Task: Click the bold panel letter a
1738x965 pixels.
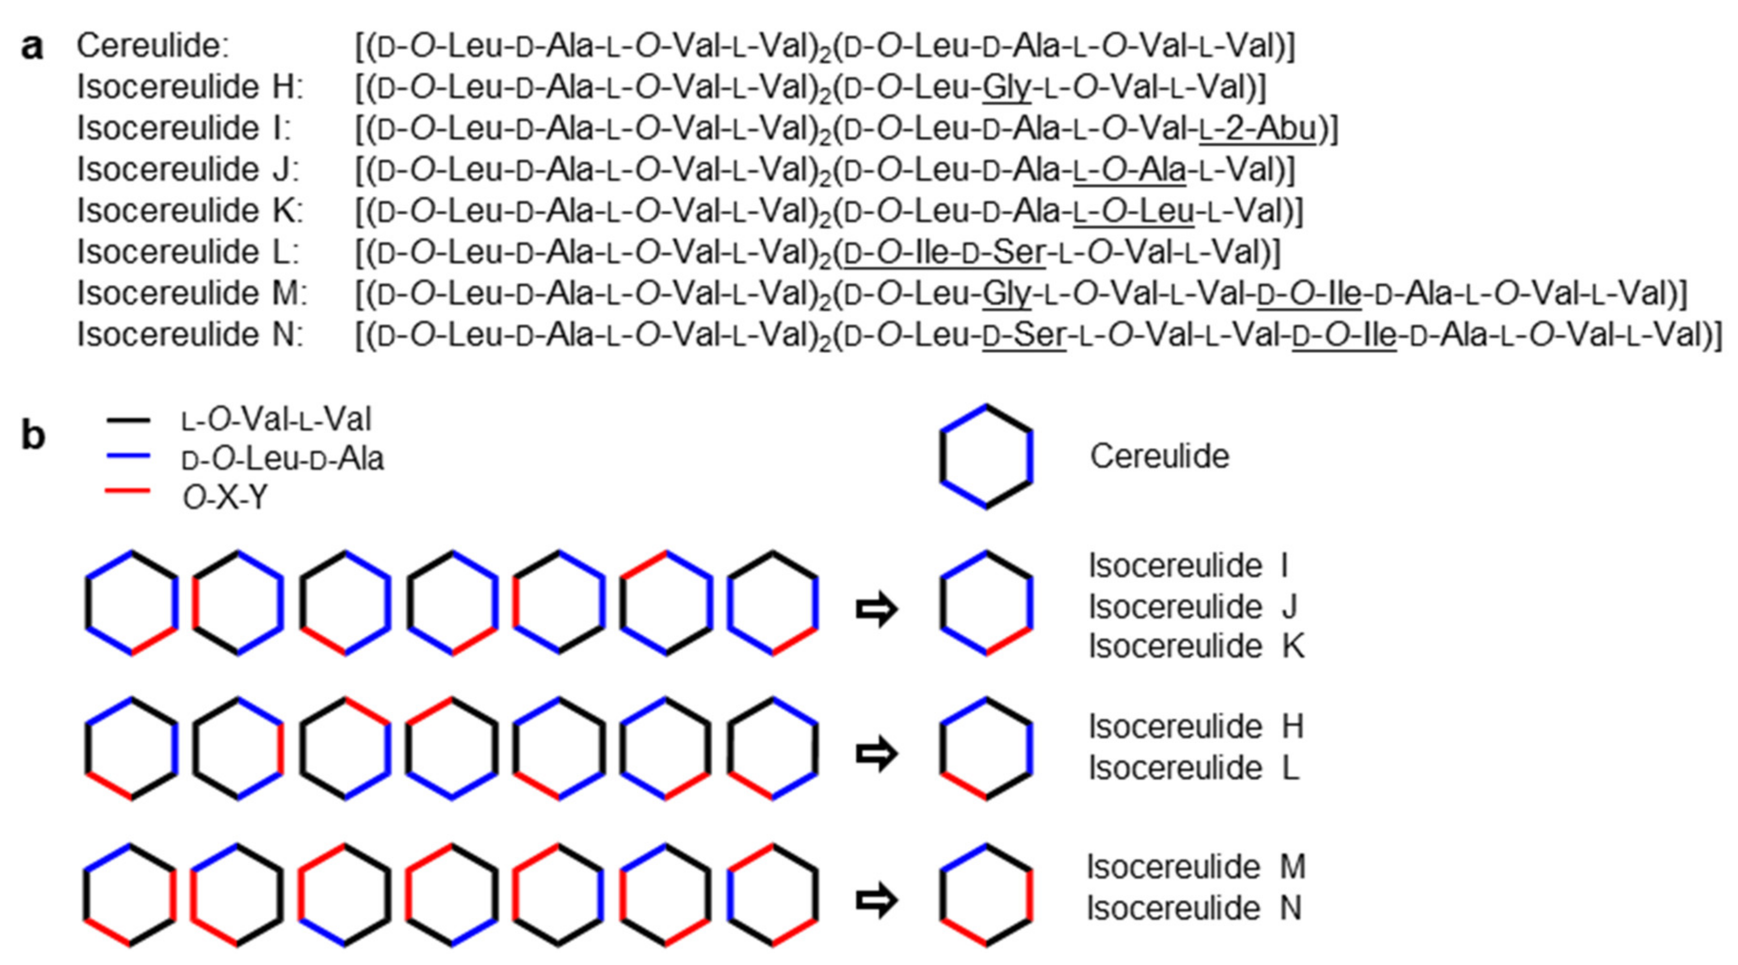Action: [31, 48]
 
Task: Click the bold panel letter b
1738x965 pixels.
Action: [33, 436]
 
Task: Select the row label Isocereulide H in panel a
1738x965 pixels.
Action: [190, 87]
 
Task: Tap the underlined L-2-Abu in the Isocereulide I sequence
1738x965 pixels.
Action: [1258, 129]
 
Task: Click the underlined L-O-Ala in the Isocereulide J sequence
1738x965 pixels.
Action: [1129, 170]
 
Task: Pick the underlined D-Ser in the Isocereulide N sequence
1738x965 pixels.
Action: [1024, 335]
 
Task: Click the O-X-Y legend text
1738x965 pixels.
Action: [225, 498]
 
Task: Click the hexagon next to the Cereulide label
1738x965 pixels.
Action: [986, 457]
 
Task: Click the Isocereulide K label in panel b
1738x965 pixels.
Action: [1196, 647]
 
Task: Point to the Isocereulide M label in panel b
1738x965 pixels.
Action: [1196, 866]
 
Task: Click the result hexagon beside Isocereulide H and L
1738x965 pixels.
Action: [986, 749]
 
